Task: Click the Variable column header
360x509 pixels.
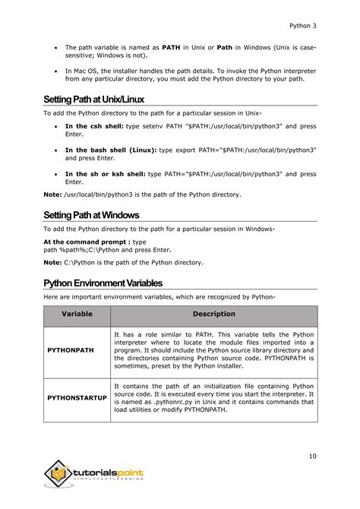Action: pyautogui.click(x=77, y=314)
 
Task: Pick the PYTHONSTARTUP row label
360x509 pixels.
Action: pyautogui.click(x=77, y=397)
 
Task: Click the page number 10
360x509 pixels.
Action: pyautogui.click(x=312, y=456)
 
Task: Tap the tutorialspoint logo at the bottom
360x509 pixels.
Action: pyautogui.click(x=94, y=475)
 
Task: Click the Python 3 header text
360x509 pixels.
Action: pyautogui.click(x=303, y=26)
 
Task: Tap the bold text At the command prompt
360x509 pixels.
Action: pyautogui.click(x=85, y=242)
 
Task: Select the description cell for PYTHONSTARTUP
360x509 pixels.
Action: pyautogui.click(x=213, y=398)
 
